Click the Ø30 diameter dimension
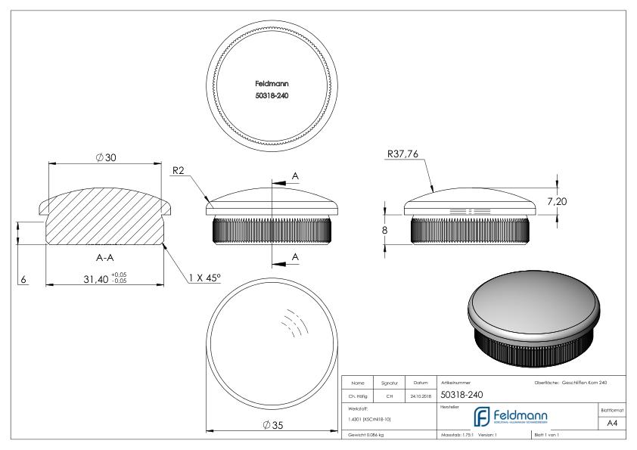[x=107, y=157]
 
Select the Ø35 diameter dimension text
[x=270, y=424]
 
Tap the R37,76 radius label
[x=403, y=154]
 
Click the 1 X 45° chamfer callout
[x=204, y=278]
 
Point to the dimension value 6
[x=24, y=279]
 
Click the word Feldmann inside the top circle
[x=270, y=84]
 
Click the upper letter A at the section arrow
[x=295, y=175]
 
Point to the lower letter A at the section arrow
[x=295, y=256]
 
